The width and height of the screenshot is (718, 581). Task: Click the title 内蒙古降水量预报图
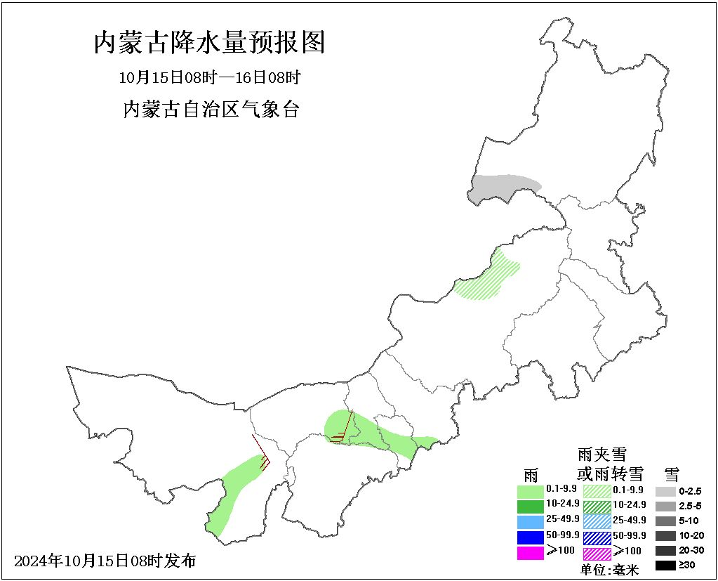tap(210, 43)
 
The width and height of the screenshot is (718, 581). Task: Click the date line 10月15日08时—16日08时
tap(209, 77)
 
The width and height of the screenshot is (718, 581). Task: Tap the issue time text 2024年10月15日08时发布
tap(105, 561)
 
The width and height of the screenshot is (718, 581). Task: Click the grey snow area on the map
tap(502, 189)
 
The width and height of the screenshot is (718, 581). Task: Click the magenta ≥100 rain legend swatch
tap(530, 552)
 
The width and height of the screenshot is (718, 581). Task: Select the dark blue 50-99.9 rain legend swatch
tap(530, 537)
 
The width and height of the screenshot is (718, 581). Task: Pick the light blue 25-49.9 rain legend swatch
tap(530, 521)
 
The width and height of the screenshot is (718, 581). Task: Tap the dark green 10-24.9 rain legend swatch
tap(530, 506)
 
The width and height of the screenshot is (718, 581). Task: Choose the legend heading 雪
tap(672, 473)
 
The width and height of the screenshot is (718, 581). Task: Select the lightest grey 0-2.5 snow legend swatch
tap(665, 491)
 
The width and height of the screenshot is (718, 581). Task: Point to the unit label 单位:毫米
tap(609, 570)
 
